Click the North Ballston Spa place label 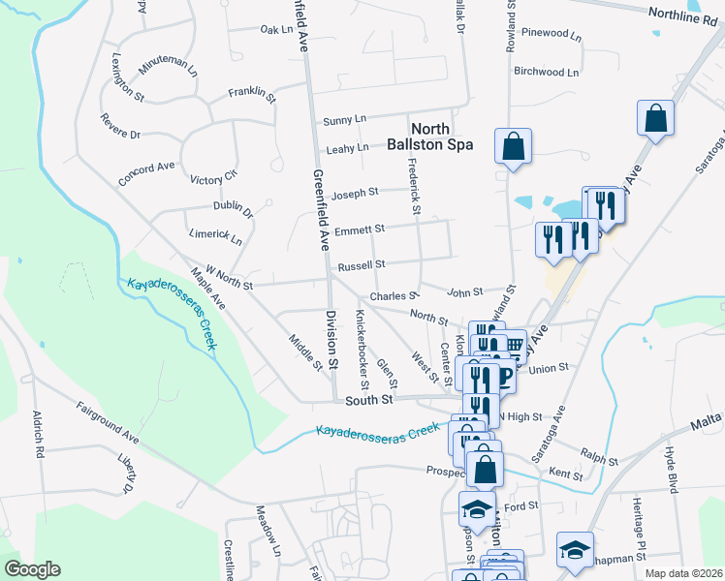441,137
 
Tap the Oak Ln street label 276,30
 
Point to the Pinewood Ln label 551,33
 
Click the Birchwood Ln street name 546,72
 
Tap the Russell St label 361,264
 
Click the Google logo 31,569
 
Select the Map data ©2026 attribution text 682,573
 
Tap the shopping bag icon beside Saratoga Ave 655,119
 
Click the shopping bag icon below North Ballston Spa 513,147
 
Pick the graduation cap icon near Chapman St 575,550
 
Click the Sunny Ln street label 344,119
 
